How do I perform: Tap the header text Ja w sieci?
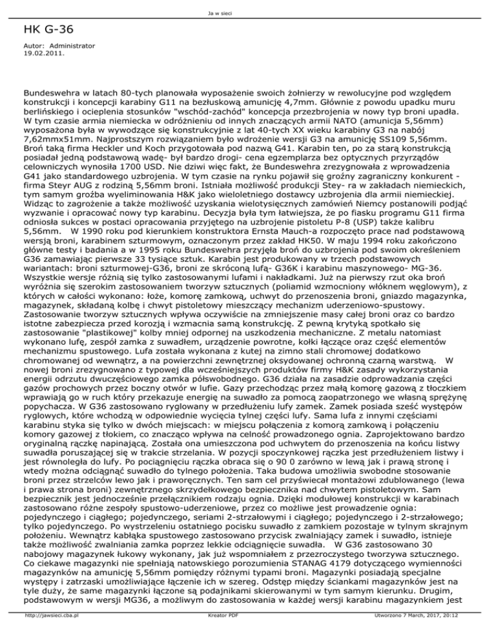point(248,5)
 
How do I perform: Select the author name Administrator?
point(72,47)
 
